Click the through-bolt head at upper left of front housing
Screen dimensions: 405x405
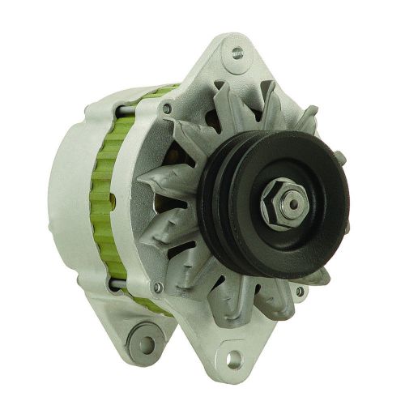pyautogui.click(x=166, y=109)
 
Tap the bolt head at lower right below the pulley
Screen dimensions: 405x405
pyautogui.click(x=301, y=291)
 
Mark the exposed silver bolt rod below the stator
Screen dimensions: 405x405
pyautogui.click(x=130, y=285)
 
